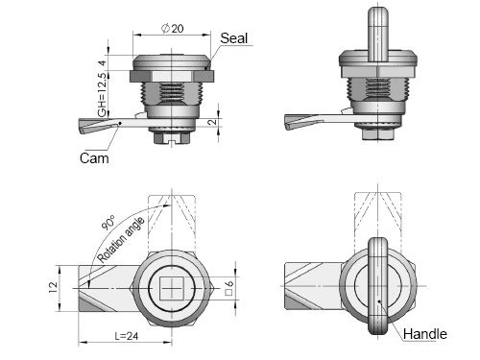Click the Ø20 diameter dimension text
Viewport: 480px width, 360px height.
click(x=173, y=28)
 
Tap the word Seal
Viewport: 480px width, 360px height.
click(x=234, y=38)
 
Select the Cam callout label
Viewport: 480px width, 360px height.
click(x=94, y=158)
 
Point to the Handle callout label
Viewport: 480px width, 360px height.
click(x=425, y=334)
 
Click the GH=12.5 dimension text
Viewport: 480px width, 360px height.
click(x=102, y=95)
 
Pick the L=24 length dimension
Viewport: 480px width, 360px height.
click(x=127, y=336)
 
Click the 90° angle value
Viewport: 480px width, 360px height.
click(x=108, y=223)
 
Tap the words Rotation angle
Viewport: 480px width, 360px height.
click(x=121, y=240)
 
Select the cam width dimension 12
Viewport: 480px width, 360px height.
click(x=53, y=287)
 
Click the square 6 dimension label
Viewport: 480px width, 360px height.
click(x=229, y=288)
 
